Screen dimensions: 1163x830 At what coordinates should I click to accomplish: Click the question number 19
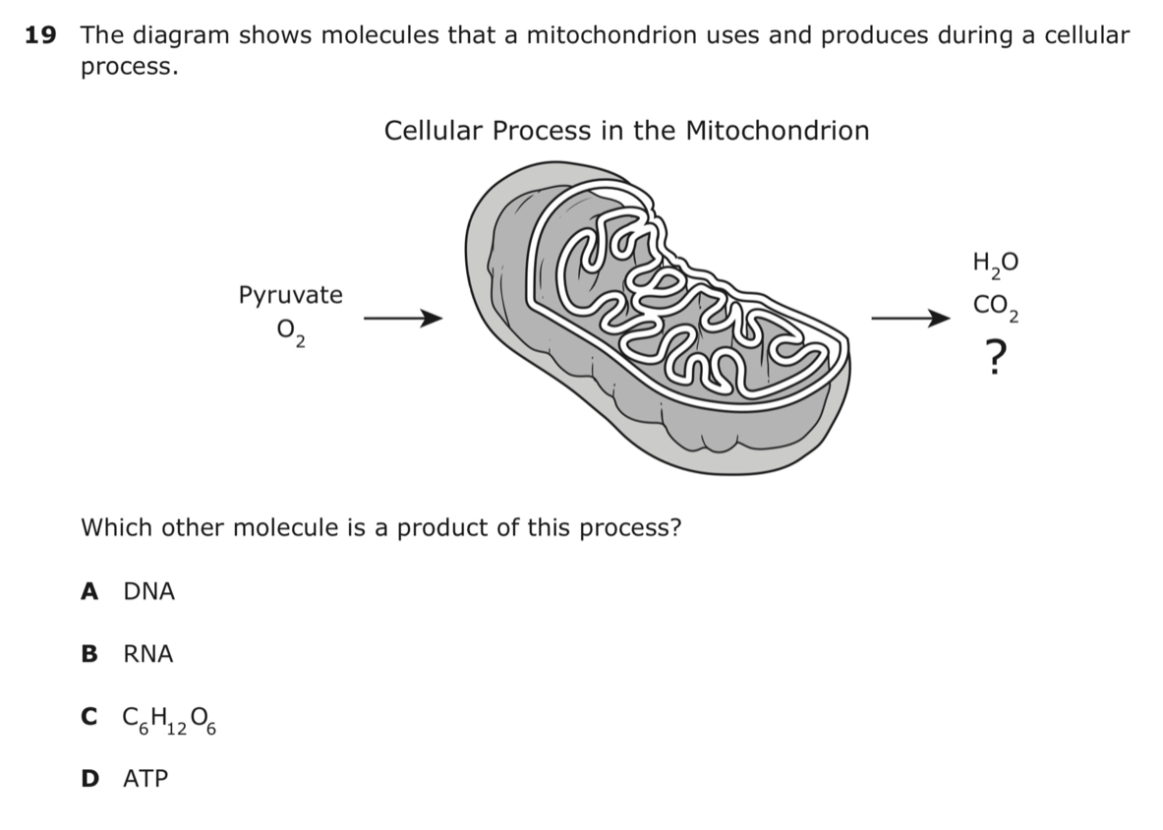40,34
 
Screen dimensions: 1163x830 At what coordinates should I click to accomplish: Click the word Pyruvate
291,295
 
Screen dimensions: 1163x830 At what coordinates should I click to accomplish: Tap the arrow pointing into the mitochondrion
403,319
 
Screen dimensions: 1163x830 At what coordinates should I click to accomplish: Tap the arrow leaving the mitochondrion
910,319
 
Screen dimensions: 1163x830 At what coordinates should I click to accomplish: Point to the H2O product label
995,265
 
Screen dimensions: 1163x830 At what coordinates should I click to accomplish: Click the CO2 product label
996,307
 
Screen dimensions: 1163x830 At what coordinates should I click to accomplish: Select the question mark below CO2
997,358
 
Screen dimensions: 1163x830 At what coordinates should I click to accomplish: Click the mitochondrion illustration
657,319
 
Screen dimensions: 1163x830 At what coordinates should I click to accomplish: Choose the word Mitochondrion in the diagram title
778,131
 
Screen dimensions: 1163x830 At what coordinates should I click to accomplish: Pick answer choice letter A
89,591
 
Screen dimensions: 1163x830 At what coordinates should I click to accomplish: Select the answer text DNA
149,591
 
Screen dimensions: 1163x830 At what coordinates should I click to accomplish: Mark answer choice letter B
89,653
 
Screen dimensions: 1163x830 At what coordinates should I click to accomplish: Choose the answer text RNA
148,653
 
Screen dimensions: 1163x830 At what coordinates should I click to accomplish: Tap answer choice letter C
89,717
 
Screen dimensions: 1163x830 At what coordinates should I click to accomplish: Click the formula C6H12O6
170,720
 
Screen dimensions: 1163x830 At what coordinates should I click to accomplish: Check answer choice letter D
89,778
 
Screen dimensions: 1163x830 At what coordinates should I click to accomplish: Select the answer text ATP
146,778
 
